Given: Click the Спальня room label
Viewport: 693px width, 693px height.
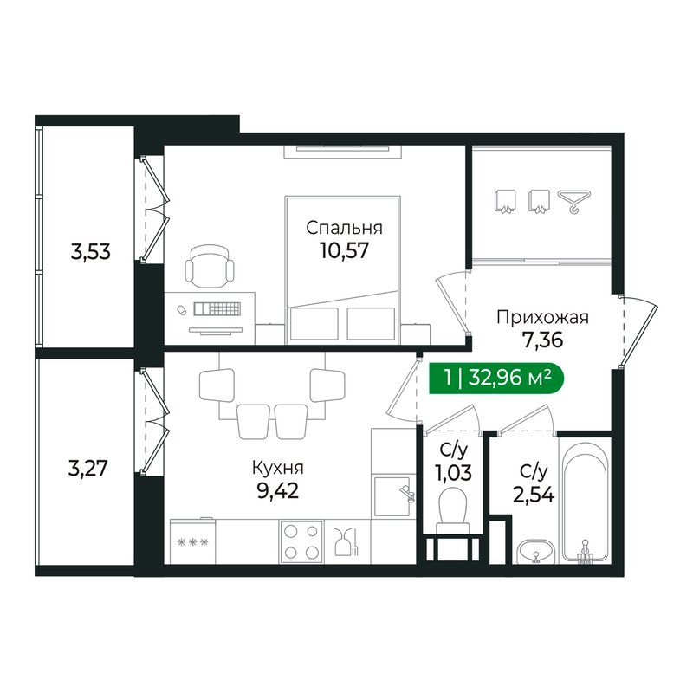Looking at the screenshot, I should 344,229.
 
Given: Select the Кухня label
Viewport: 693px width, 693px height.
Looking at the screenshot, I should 277,469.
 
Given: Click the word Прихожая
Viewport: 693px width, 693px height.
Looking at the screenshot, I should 542,317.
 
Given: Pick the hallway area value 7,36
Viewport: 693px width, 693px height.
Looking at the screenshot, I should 542,340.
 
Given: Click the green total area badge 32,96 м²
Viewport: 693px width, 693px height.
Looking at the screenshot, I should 490,378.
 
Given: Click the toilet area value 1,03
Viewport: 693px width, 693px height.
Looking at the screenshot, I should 450,476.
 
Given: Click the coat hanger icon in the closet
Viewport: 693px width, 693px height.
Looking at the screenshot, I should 572,202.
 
